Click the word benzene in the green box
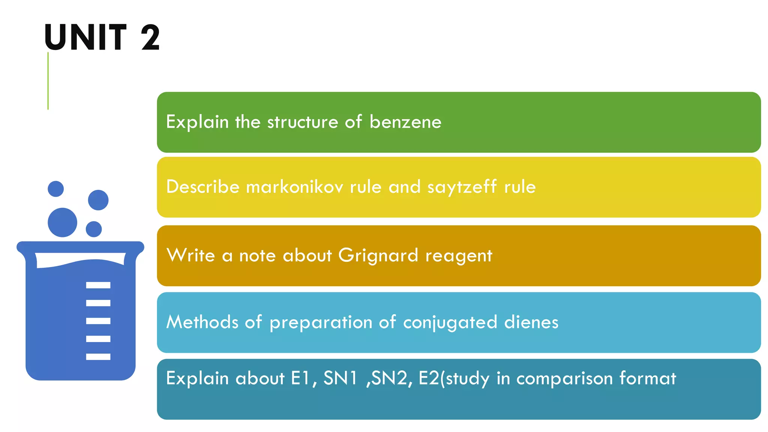tap(405, 122)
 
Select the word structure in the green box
tap(303, 122)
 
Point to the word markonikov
tap(294, 187)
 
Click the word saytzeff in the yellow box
tap(462, 187)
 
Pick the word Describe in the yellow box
tap(202, 187)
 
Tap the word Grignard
tap(378, 256)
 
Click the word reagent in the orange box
tap(459, 256)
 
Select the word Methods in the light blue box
tap(202, 322)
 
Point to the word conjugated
tap(450, 322)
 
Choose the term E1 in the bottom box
tap(301, 378)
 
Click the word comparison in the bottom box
tap(564, 378)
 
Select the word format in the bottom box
tap(648, 378)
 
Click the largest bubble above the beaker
tap(62, 222)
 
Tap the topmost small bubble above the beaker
tap(56, 189)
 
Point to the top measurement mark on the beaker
tap(98, 285)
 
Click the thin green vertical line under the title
tap(48, 81)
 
